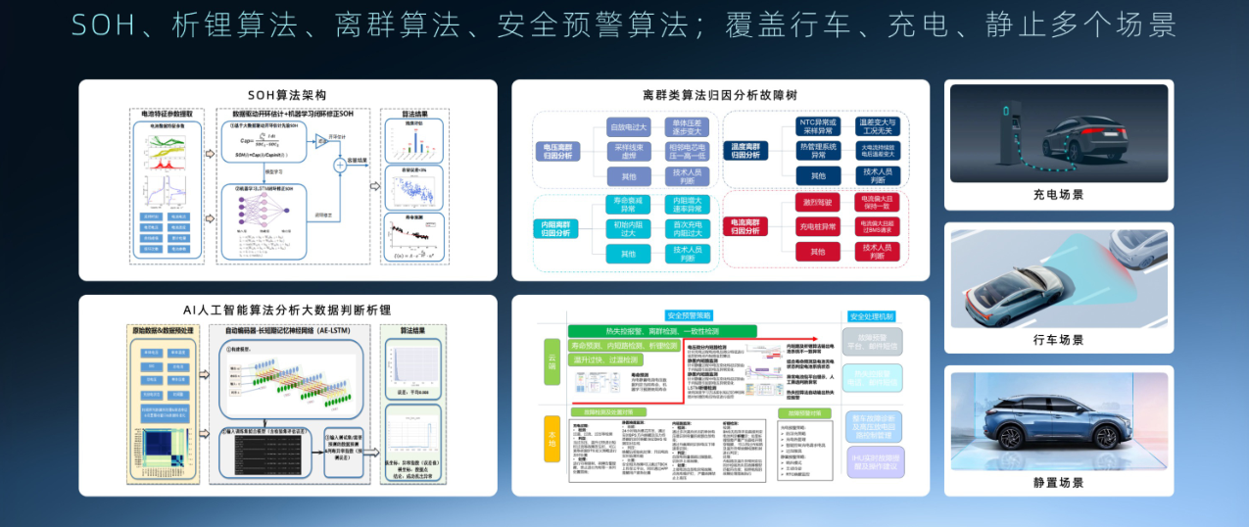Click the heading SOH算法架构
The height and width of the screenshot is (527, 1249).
pos(287,94)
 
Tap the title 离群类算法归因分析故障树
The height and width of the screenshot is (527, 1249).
pos(720,95)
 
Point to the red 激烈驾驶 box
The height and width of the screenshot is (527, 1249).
pos(818,202)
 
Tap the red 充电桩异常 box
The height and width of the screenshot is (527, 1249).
pos(818,226)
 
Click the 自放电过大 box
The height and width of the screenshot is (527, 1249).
pos(628,126)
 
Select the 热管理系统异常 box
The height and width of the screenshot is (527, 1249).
pos(818,150)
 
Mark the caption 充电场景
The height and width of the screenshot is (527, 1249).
pos(1058,195)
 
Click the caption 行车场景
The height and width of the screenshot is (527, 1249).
pos(1058,340)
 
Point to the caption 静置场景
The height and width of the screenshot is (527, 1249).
pos(1058,483)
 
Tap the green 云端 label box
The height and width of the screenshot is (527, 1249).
pos(552,361)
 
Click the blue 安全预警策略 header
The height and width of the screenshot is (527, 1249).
pos(690,315)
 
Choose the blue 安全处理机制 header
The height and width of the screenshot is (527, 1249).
pos(872,316)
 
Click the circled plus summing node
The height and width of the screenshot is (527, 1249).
pos(340,165)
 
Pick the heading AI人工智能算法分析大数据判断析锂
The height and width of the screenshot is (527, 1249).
pos(287,310)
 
